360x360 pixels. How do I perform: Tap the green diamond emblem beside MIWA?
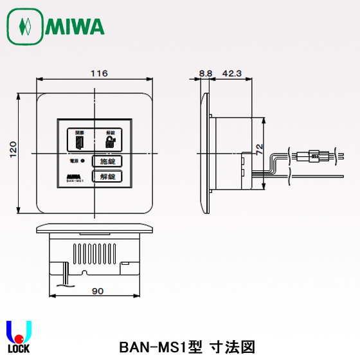click(x=25, y=26)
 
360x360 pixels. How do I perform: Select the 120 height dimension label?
click(x=14, y=152)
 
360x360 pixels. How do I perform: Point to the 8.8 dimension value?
click(x=206, y=73)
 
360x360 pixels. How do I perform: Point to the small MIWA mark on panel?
click(x=77, y=176)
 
